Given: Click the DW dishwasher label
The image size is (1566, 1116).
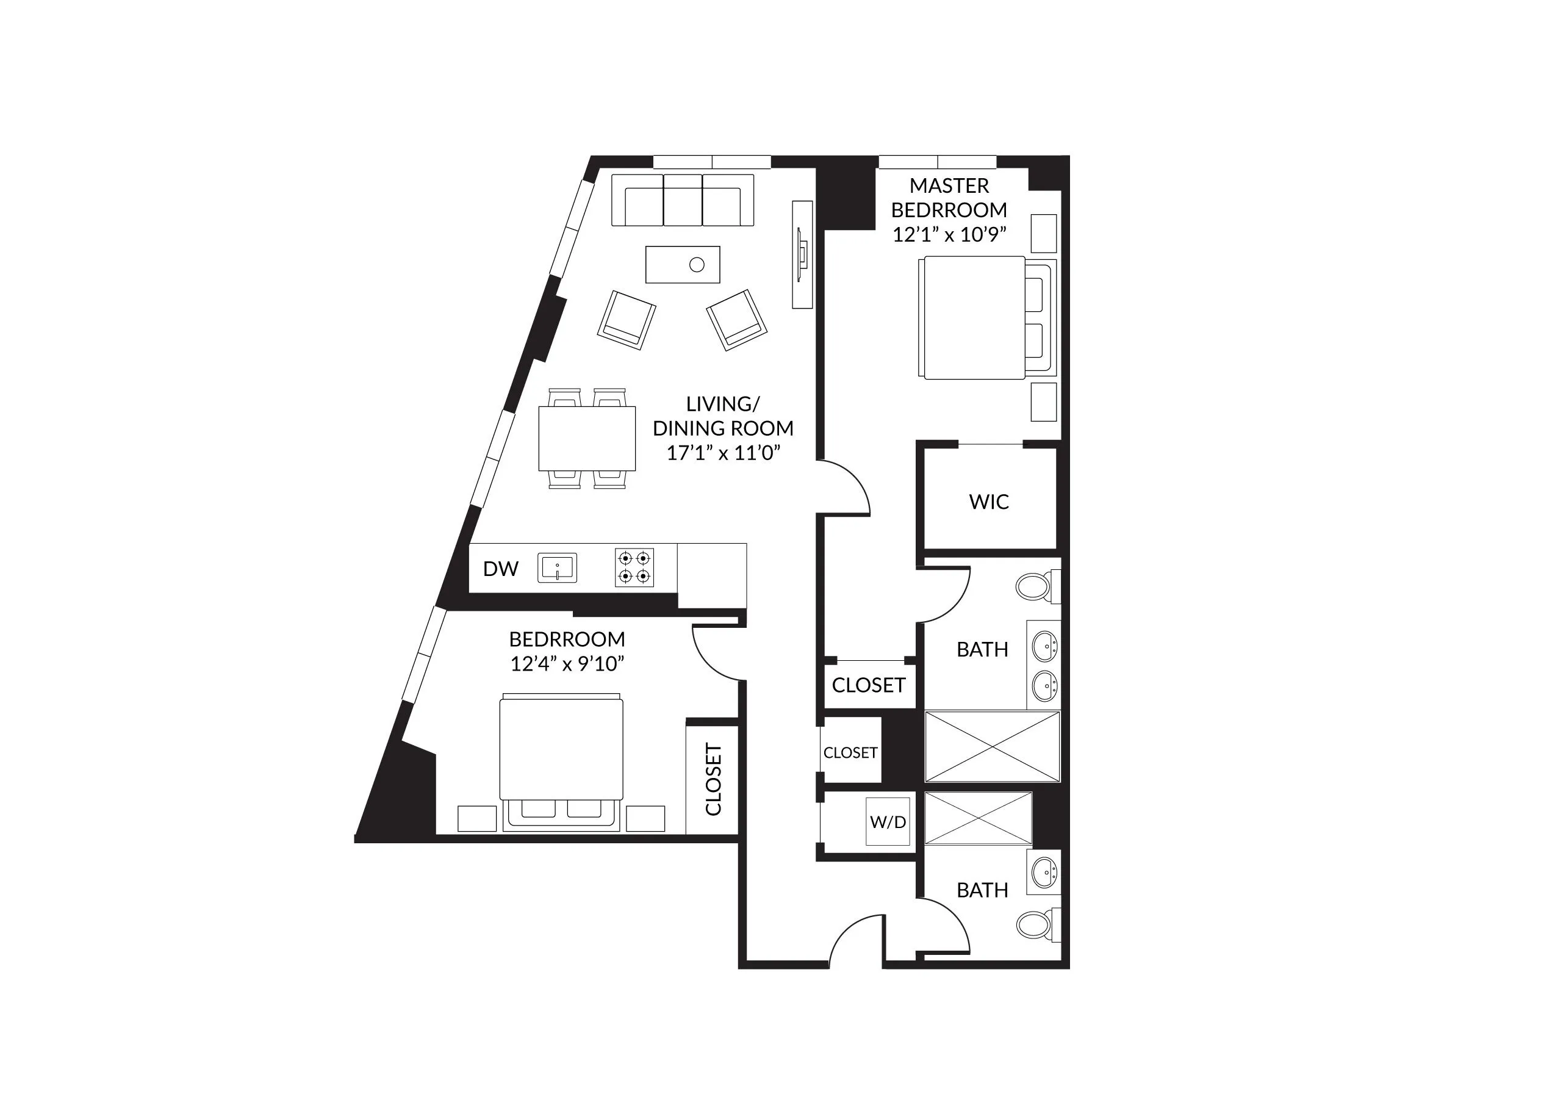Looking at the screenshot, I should pyautogui.click(x=500, y=569).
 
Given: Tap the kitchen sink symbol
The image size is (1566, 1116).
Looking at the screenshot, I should pyautogui.click(x=556, y=568).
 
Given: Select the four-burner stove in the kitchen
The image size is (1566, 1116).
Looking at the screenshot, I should pyautogui.click(x=634, y=567).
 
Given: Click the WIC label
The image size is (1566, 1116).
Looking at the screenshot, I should pyautogui.click(x=989, y=502).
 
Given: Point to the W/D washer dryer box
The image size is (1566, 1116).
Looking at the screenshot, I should pyautogui.click(x=888, y=821).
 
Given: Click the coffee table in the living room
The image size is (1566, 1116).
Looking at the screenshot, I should pyautogui.click(x=682, y=265).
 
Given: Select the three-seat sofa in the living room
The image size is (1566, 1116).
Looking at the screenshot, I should pyautogui.click(x=682, y=200).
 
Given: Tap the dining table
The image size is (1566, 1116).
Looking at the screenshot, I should pyautogui.click(x=587, y=437).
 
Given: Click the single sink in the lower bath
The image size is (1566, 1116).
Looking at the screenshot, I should pyautogui.click(x=1044, y=873).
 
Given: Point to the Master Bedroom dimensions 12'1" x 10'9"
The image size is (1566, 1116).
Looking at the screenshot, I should pyautogui.click(x=949, y=235).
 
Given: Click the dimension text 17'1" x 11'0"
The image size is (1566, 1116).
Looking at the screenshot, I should pyautogui.click(x=724, y=453).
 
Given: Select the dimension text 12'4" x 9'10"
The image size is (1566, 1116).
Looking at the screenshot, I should pyautogui.click(x=567, y=664).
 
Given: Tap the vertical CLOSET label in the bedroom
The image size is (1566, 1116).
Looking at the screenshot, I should pyautogui.click(x=713, y=779).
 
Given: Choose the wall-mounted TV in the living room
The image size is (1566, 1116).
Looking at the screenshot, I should pyautogui.click(x=802, y=254).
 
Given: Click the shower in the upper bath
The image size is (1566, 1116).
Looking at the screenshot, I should pyautogui.click(x=992, y=746).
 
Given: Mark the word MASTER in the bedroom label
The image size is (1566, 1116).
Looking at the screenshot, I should pyautogui.click(x=949, y=185).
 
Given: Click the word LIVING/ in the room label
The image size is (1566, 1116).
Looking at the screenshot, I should pyautogui.click(x=723, y=404).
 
